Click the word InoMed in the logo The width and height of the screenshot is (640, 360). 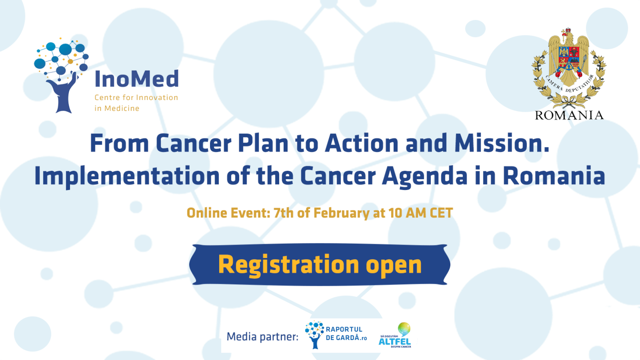pos(137,79)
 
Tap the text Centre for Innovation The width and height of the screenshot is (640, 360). pos(136,97)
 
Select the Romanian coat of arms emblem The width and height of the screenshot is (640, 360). pos(569,69)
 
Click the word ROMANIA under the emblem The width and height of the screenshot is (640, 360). pos(569,115)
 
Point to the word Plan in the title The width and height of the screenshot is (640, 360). pos(263,144)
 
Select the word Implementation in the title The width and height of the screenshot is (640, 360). pos(127,176)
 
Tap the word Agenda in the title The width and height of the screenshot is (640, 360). pos(425,176)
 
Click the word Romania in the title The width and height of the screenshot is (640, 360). pos(554,176)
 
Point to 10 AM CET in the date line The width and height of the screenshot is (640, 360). pos(420,213)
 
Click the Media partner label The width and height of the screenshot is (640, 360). pos(262,337)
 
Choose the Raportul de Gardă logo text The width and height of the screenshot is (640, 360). pos(346,334)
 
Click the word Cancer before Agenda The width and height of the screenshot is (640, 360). pos(337,176)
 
